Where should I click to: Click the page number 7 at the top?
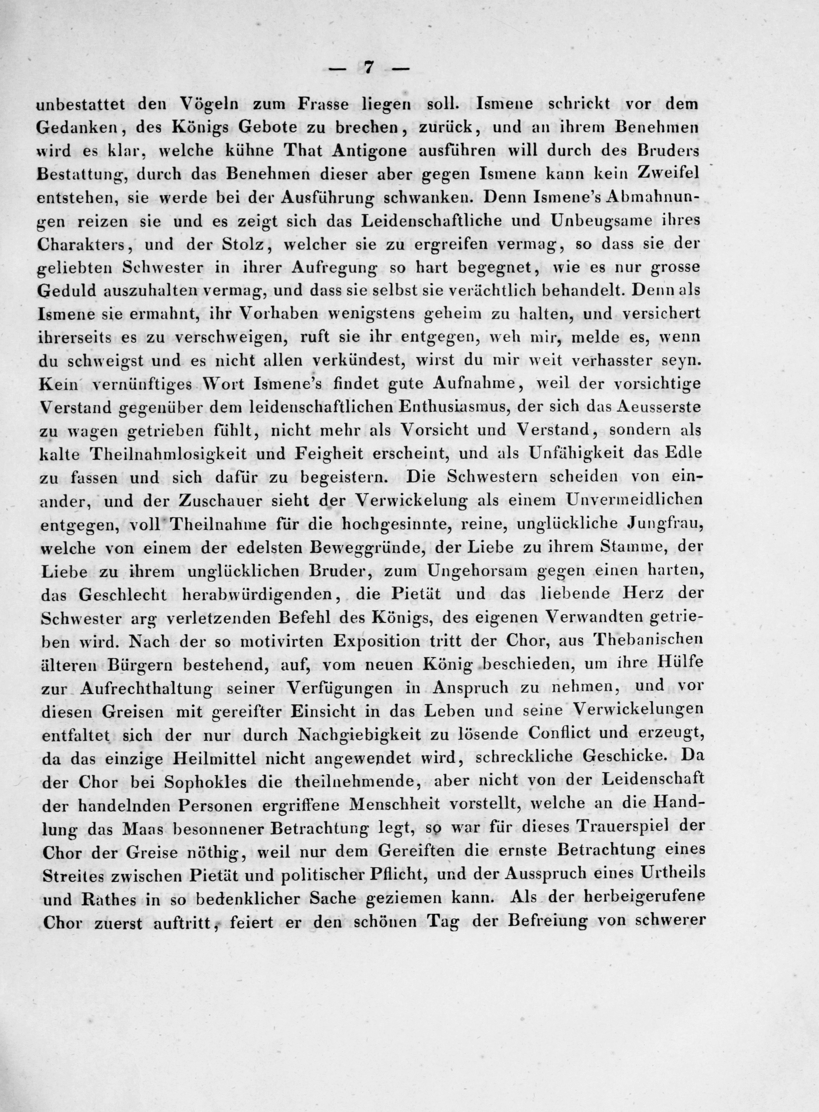(368, 68)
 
